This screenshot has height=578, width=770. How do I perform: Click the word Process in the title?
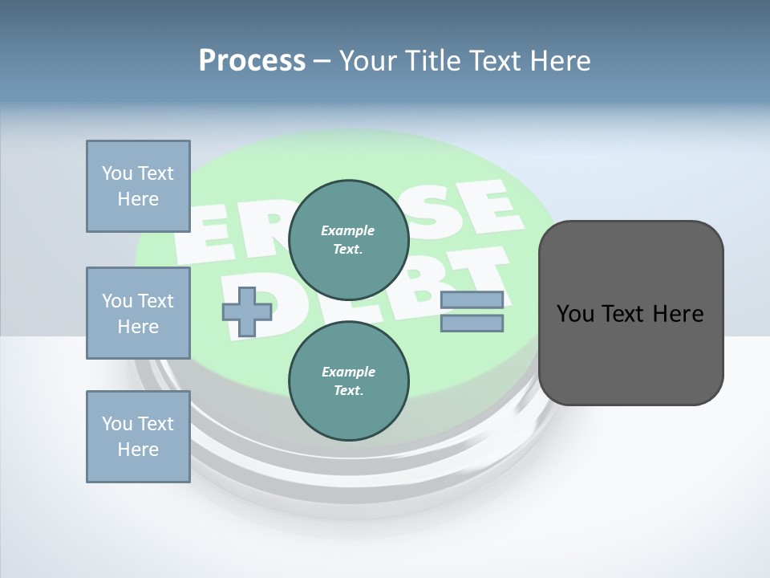[252, 61]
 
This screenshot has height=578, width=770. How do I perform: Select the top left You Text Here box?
[138, 186]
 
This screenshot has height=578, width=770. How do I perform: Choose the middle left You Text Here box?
[138, 313]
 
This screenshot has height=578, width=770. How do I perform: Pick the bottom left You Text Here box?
[138, 437]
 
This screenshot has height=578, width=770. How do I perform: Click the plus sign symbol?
[246, 311]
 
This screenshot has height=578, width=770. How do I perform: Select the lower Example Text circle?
[348, 381]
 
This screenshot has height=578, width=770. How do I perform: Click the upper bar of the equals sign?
[472, 300]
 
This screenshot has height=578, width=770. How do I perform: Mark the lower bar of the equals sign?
[472, 324]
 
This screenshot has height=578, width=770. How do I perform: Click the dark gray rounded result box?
[630, 313]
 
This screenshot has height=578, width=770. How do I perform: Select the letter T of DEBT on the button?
[480, 273]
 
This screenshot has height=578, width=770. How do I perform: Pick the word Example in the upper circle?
[348, 230]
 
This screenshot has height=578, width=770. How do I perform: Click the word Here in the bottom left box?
[138, 450]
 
